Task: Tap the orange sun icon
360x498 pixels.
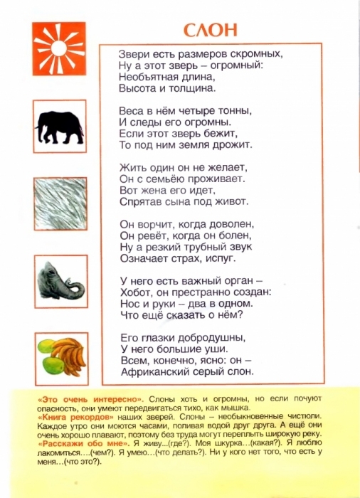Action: tap(58, 48)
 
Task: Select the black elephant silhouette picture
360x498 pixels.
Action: tap(58, 124)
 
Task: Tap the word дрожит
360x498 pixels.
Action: tap(234, 145)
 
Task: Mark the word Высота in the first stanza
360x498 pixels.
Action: tap(137, 88)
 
